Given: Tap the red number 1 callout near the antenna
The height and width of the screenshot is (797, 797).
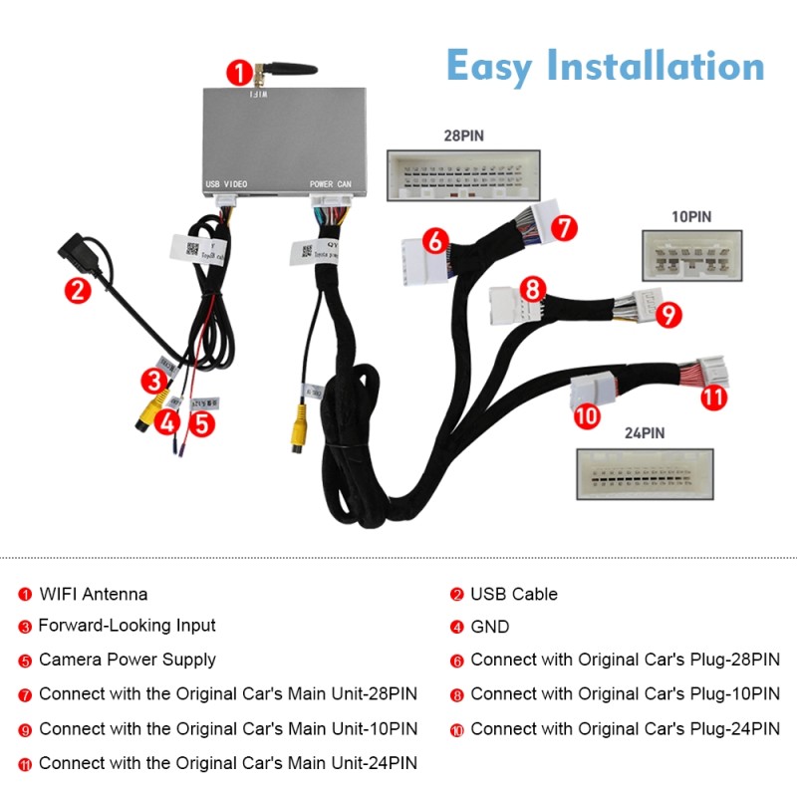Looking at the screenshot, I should point(238,72).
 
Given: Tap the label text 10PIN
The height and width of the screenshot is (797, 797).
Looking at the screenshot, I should point(690,215).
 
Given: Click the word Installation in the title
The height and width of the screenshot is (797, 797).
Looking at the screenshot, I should point(657,66).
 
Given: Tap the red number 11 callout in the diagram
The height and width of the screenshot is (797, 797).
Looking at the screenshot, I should point(712,398).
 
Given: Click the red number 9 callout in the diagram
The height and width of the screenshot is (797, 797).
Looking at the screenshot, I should point(669,316).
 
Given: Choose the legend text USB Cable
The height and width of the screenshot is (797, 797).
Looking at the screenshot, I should point(513,595).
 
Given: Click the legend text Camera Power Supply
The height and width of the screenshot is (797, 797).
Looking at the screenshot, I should point(127,660).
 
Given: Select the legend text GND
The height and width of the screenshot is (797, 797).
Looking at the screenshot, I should point(489,627).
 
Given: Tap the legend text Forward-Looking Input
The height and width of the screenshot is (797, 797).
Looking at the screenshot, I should point(127,627).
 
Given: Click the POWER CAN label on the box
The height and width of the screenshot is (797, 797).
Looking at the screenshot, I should point(331,184).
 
